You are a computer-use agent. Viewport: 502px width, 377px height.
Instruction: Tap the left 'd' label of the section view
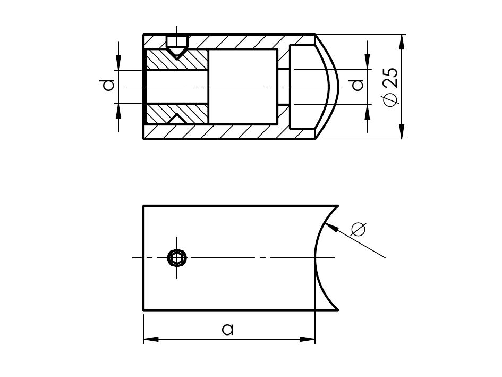(108, 85)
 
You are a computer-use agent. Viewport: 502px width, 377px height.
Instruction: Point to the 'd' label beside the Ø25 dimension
(358, 85)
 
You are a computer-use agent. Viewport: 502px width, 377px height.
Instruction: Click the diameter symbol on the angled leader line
(359, 229)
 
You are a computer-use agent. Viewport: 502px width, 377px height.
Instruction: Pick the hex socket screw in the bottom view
(177, 258)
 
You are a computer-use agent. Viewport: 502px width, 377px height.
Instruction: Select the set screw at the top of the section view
(176, 45)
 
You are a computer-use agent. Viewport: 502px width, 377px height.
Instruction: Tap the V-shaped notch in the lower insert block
(176, 118)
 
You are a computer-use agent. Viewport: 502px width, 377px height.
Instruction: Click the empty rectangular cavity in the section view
(242, 87)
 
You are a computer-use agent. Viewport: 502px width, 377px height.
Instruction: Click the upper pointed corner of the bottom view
(338, 206)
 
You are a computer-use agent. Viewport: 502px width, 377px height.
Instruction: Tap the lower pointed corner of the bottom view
(338, 309)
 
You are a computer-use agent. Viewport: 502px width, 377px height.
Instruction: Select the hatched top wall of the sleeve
(244, 41)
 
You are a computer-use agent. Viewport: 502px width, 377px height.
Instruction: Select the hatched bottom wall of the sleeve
(244, 131)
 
